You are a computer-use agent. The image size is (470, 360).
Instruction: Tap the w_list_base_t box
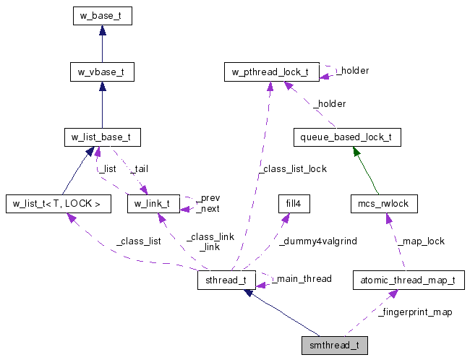(101, 137)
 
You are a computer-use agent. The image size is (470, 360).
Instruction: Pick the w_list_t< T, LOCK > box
(57, 204)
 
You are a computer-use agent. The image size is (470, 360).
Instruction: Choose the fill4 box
(294, 204)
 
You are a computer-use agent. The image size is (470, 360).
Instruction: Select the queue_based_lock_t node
(347, 137)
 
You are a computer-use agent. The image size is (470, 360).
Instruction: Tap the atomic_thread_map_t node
(409, 280)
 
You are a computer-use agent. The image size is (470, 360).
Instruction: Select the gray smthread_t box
(334, 345)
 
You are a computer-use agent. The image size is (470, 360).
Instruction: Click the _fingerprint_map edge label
(415, 313)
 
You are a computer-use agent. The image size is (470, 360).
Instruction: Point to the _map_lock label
(424, 241)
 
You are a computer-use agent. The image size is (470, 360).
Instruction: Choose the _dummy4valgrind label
(318, 241)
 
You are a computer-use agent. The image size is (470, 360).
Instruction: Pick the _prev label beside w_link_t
(210, 197)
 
